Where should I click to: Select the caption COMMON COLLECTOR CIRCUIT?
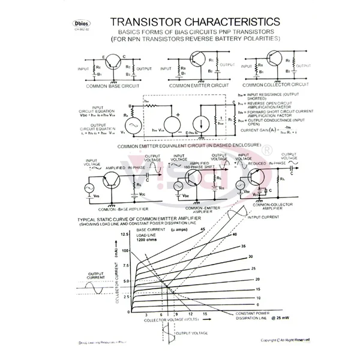(x=266, y=86)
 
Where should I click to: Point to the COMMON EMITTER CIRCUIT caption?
(x=190, y=86)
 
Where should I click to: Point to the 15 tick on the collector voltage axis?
(x=206, y=314)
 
